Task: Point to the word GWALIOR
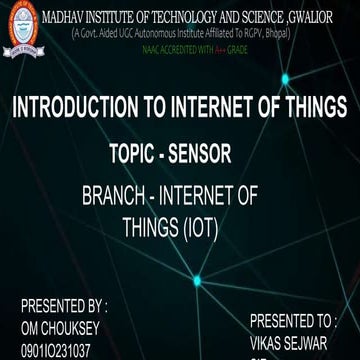[325, 10]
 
